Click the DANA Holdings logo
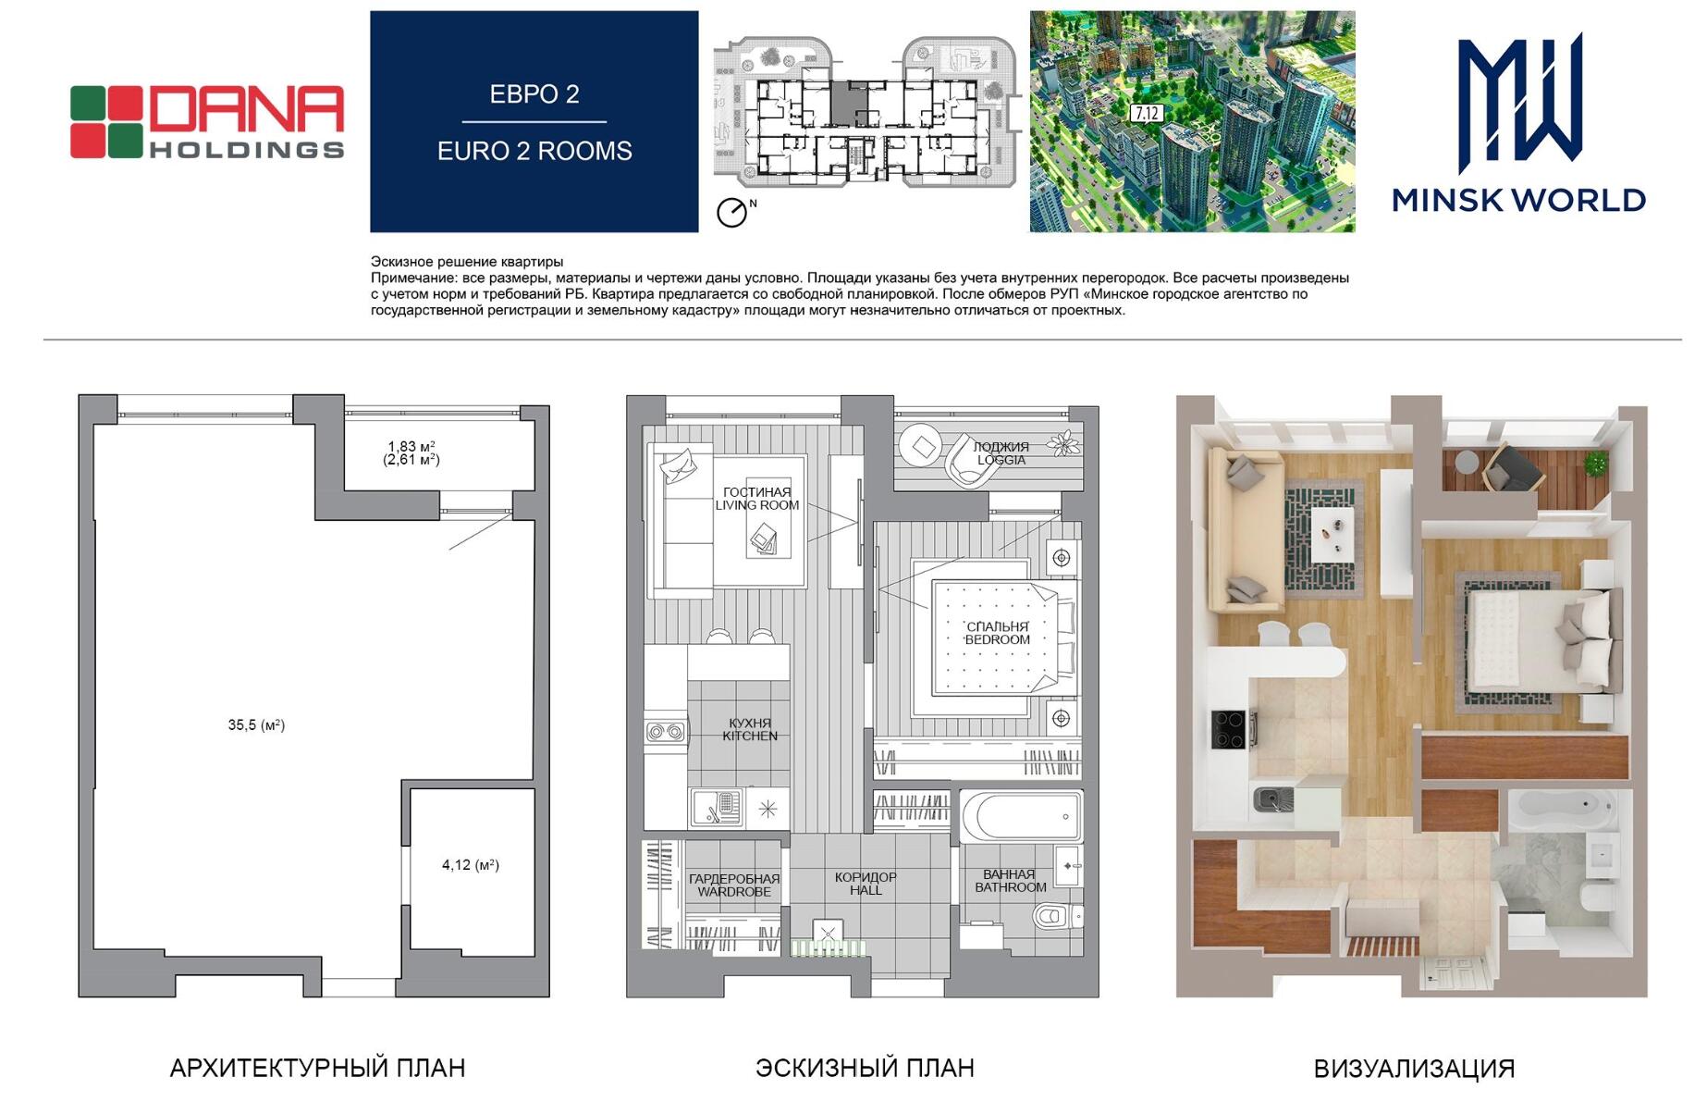(x=207, y=122)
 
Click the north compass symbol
(x=732, y=212)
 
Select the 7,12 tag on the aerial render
(x=1147, y=114)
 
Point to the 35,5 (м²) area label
(x=256, y=725)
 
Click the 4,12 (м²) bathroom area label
(x=471, y=865)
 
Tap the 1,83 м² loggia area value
(x=411, y=446)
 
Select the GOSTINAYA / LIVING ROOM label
(x=757, y=499)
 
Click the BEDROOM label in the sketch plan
(x=998, y=639)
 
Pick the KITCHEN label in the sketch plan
(x=750, y=736)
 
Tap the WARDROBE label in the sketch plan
(x=734, y=892)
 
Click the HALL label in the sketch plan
(x=866, y=890)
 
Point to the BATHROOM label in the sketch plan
(x=1011, y=887)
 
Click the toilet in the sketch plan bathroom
(x=1054, y=916)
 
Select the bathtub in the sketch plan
(x=1021, y=816)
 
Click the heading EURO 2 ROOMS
(x=534, y=151)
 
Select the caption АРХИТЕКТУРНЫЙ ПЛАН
(x=317, y=1069)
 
